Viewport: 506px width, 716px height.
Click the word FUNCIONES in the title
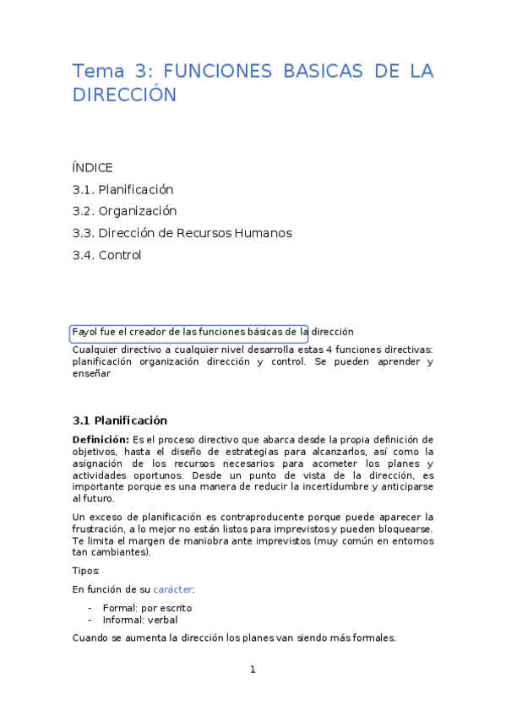[215, 71]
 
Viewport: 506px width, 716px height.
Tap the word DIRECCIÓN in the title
[124, 95]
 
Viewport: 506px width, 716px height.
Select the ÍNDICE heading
[92, 167]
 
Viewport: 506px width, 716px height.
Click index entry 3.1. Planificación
[122, 189]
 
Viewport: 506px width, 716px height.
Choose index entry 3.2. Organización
[124, 211]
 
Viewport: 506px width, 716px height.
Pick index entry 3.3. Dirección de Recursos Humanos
[182, 233]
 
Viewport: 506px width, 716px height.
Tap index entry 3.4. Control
[106, 255]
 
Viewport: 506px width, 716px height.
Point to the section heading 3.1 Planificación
[119, 420]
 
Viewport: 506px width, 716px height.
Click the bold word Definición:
[101, 439]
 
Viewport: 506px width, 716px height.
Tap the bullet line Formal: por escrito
[147, 607]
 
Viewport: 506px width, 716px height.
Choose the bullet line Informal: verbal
[140, 619]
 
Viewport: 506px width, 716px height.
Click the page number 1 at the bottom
[253, 670]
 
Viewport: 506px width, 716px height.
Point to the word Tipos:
[85, 571]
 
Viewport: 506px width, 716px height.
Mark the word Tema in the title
[96, 71]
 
